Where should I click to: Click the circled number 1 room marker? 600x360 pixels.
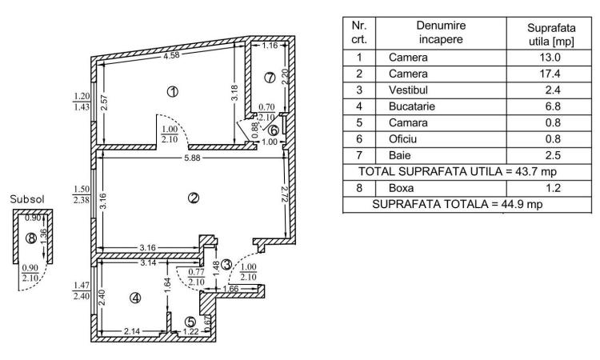[x=173, y=91]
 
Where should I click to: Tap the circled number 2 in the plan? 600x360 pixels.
[x=194, y=198]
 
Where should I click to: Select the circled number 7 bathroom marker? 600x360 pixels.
[x=270, y=78]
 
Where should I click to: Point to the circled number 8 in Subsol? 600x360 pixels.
[x=31, y=238]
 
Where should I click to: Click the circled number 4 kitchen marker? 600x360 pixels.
[x=135, y=298]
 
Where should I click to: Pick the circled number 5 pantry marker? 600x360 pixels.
[x=190, y=322]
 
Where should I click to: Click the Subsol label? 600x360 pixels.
[x=27, y=199]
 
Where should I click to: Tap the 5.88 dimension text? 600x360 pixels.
[x=192, y=158]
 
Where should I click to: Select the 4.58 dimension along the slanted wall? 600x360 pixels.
[x=171, y=55]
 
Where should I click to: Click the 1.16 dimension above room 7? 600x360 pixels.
[x=270, y=46]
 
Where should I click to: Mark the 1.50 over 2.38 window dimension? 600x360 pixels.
[x=81, y=194]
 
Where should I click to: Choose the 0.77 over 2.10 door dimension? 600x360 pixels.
[x=196, y=277]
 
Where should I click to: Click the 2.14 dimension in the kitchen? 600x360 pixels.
[x=132, y=331]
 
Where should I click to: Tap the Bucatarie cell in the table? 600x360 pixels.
[x=412, y=106]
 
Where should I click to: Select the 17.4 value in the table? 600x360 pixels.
[x=550, y=74]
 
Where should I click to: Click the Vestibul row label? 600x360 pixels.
[x=408, y=90]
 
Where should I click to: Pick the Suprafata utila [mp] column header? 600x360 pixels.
[x=551, y=34]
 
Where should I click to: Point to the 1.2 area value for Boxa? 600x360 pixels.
[x=553, y=188]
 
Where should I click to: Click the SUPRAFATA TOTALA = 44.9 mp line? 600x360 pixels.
[x=458, y=204]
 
